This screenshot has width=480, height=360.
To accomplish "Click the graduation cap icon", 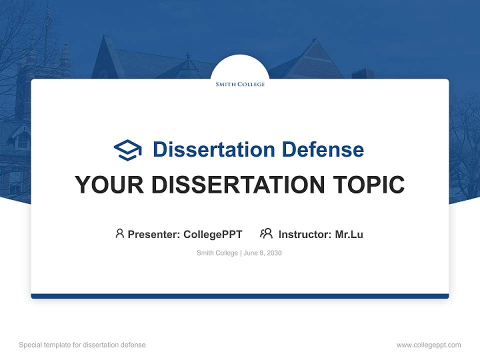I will pos(127,150).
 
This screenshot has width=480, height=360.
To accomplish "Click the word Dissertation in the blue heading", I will pos(214,149).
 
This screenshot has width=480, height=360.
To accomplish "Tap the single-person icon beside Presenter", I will pos(119,233).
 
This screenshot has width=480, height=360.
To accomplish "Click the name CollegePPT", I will pos(213,234).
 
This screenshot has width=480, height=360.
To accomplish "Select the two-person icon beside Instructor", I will pos(266,233).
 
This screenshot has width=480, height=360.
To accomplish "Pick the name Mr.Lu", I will pos(349,234).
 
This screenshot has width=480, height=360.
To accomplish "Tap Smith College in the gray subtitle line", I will pos(217,253).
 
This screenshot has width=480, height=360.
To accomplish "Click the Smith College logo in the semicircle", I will pos(240,84).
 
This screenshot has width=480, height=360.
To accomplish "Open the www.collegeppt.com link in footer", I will pos(428,345).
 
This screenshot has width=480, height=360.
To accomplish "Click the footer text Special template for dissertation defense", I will pos(82,345).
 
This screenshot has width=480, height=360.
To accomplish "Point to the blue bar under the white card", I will pos(240,296).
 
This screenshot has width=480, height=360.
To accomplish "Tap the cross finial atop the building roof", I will pos(188,56).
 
